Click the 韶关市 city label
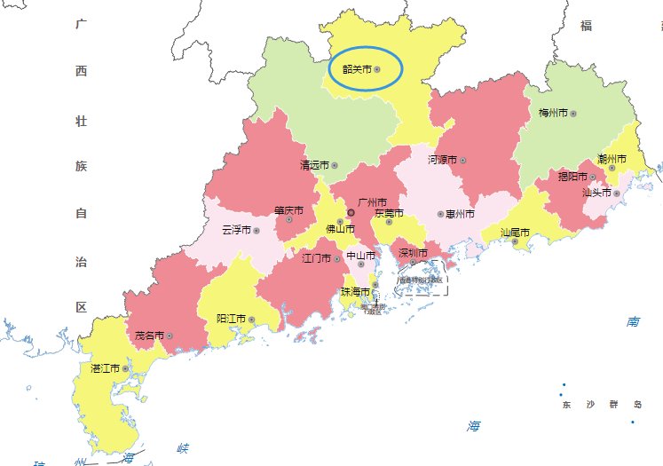(x=357, y=68)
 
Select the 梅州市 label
(x=553, y=114)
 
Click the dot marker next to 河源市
(x=462, y=161)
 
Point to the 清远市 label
(x=314, y=165)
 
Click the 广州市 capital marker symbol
(x=351, y=213)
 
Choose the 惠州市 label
(x=460, y=214)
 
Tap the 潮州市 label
(x=612, y=159)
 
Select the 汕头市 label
(x=596, y=192)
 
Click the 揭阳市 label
(x=572, y=177)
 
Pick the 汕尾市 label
(x=515, y=233)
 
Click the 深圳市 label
(x=413, y=253)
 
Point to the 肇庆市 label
(x=288, y=211)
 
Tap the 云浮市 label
(x=236, y=230)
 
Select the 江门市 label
(x=317, y=258)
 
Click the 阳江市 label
(x=232, y=318)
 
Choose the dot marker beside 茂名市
(x=170, y=336)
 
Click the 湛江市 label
(x=106, y=367)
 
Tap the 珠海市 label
(x=355, y=291)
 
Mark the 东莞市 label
(x=389, y=213)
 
